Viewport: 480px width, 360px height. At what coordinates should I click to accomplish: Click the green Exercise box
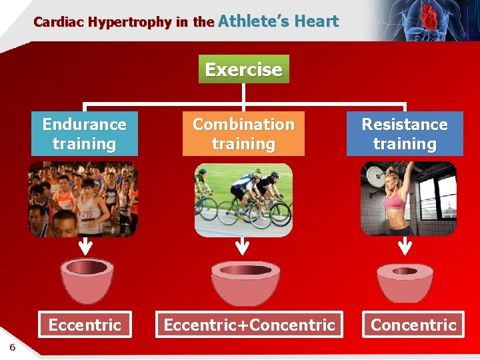click(244, 69)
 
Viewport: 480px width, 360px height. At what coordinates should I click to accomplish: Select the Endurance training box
click(84, 134)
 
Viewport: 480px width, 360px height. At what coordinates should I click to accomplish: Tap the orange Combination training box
click(243, 134)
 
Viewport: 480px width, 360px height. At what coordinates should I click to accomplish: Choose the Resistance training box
click(405, 134)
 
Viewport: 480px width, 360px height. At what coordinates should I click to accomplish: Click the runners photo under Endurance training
click(83, 199)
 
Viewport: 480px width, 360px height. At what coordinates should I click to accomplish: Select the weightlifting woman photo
click(408, 199)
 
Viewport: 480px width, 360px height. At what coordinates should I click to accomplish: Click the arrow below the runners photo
click(85, 247)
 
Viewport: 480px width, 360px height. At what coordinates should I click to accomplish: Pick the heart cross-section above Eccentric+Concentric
click(245, 282)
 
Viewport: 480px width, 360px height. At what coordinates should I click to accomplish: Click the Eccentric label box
click(85, 325)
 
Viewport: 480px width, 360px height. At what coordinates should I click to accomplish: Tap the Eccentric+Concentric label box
click(249, 325)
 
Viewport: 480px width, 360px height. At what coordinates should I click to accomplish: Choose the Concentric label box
click(413, 325)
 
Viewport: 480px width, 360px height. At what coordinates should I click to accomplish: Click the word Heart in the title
click(317, 21)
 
